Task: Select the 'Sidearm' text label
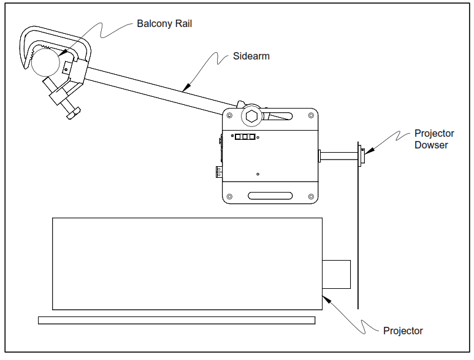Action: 251,56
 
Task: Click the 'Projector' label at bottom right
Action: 403,331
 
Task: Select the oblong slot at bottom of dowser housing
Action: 270,196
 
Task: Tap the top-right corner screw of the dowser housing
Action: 311,115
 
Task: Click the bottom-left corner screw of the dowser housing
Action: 229,197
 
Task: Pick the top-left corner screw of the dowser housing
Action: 229,115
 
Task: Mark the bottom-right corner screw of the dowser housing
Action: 311,197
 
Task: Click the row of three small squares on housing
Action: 244,137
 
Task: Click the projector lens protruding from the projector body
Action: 336,274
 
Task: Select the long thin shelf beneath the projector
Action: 177,320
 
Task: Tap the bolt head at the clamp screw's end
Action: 72,114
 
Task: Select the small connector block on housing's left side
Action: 218,172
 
